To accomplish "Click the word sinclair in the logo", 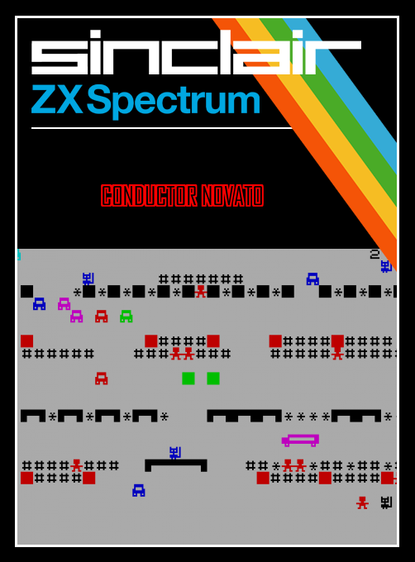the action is pyautogui.click(x=196, y=52).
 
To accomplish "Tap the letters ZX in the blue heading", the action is pyautogui.click(x=57, y=99).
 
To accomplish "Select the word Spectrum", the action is pyautogui.click(x=174, y=101).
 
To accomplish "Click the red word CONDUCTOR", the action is pyautogui.click(x=149, y=196).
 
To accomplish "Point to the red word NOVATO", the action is pyautogui.click(x=232, y=196).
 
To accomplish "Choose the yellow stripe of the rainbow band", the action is pyautogui.click(x=322, y=118).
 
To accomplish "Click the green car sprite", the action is pyautogui.click(x=126, y=316).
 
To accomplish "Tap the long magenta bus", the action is pyautogui.click(x=300, y=441).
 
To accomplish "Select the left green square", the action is pyautogui.click(x=188, y=379).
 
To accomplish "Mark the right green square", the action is pyautogui.click(x=213, y=379).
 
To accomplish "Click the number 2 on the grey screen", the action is pyautogui.click(x=374, y=255).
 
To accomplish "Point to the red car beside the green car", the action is pyautogui.click(x=102, y=316).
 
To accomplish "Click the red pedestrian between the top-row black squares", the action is pyautogui.click(x=201, y=292).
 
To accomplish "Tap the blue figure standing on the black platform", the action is pyautogui.click(x=175, y=453).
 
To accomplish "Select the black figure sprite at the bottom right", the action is pyautogui.click(x=386, y=502).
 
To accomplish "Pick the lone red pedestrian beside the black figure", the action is pyautogui.click(x=362, y=502).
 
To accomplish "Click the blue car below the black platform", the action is pyautogui.click(x=139, y=490).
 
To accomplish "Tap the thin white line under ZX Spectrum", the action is pyautogui.click(x=162, y=127).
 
